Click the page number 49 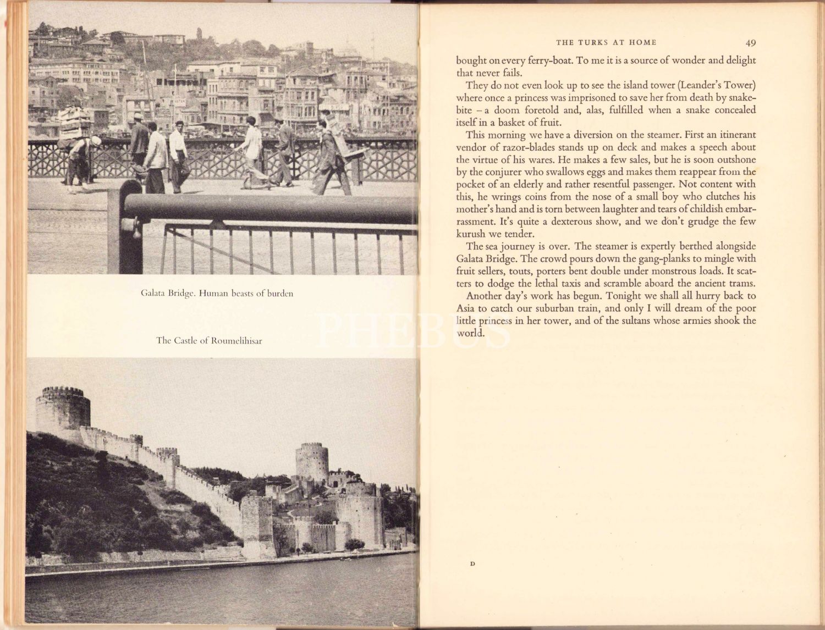751,42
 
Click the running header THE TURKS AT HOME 606,42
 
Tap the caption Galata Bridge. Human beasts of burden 217,294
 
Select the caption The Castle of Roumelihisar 209,340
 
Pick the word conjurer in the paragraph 508,172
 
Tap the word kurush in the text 471,234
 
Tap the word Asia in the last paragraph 465,308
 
